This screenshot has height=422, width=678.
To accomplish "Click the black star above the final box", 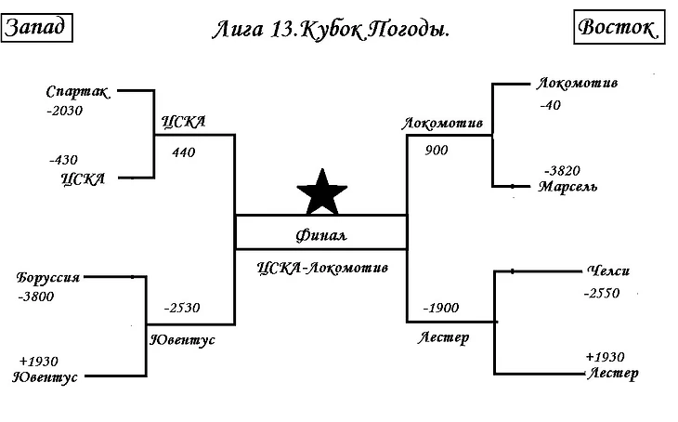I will click(x=321, y=192).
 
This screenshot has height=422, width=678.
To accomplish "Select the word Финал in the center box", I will click(x=320, y=234).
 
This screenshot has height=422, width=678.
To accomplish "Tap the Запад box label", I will click(x=37, y=28).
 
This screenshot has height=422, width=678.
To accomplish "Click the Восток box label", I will click(x=617, y=28).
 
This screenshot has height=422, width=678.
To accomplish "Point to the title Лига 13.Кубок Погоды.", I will click(x=330, y=30).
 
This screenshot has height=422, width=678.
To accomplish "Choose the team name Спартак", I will click(x=78, y=92).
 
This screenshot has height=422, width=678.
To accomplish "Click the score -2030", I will click(x=64, y=111).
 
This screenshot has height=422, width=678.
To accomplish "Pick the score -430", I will click(x=62, y=160).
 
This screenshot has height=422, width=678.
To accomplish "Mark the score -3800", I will click(x=35, y=297).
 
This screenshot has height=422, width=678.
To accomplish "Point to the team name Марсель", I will click(x=567, y=187).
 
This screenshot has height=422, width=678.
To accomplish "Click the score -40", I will click(x=550, y=105).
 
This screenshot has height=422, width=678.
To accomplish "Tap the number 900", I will click(x=437, y=150).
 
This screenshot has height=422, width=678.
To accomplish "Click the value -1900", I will click(x=441, y=308).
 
